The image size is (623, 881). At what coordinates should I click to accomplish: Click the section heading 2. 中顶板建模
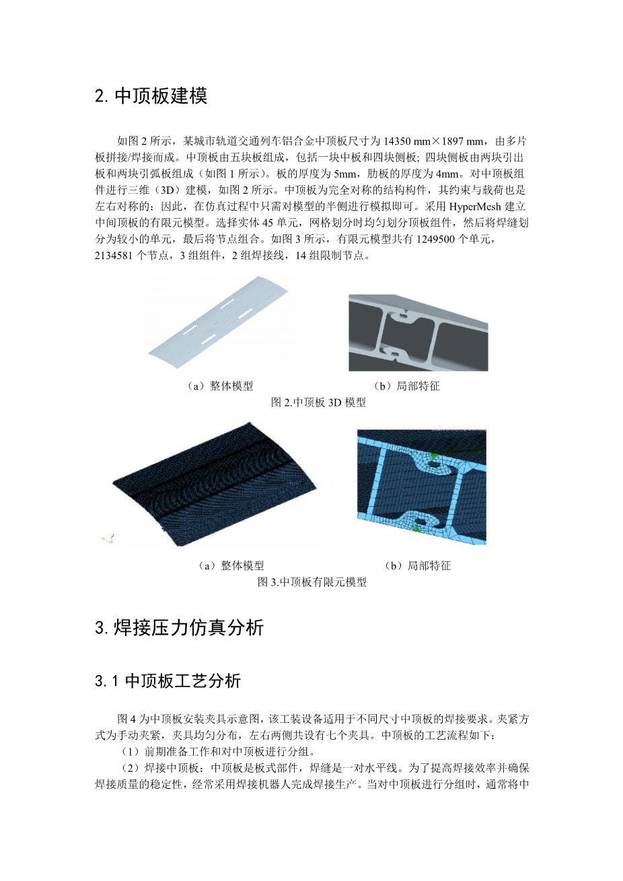click(x=151, y=96)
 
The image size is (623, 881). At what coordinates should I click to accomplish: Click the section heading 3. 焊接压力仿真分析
click(x=179, y=627)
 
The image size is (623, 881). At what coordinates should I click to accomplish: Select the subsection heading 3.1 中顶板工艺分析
click(x=168, y=681)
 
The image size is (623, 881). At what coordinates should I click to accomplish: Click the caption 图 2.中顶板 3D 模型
click(x=318, y=402)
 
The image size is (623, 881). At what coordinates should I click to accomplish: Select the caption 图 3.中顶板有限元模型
click(x=311, y=582)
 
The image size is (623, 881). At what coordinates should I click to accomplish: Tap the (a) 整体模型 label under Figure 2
click(x=220, y=386)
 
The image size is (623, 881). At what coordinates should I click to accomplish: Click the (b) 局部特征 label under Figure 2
click(x=406, y=386)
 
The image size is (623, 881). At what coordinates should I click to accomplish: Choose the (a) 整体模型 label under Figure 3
click(x=231, y=565)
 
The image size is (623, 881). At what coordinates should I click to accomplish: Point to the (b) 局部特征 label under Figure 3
click(x=417, y=565)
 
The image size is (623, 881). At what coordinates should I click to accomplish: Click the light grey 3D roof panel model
click(x=218, y=322)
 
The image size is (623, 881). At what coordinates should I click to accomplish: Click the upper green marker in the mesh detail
click(x=433, y=456)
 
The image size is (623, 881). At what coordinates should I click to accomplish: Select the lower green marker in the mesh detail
click(x=417, y=530)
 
